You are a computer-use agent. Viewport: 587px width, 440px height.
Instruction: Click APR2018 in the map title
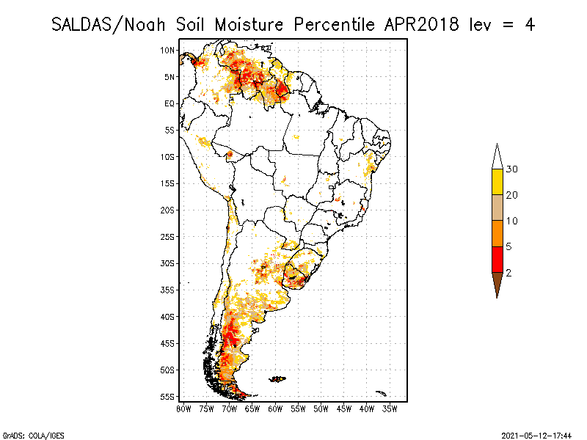[x=420, y=24]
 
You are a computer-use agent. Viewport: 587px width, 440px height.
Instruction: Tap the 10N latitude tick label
[x=168, y=50]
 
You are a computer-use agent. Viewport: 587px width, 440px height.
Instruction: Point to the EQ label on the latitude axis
[x=169, y=103]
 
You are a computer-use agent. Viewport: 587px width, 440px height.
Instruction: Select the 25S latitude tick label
[x=168, y=237]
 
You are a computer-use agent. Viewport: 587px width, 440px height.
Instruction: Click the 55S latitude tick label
[x=168, y=397]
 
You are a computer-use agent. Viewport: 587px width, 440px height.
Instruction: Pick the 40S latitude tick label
[x=168, y=317]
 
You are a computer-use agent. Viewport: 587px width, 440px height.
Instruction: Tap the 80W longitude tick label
[x=183, y=408]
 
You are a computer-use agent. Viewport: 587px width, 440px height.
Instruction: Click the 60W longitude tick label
[x=275, y=408]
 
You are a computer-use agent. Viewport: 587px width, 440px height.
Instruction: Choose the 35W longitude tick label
[x=390, y=408]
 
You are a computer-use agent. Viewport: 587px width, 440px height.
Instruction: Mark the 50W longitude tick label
[x=321, y=408]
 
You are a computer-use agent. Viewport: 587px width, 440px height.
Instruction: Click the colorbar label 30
[x=512, y=169]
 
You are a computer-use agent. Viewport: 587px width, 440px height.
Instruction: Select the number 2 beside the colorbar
[x=508, y=273]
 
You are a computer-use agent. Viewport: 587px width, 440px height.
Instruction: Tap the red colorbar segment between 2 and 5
[x=497, y=260]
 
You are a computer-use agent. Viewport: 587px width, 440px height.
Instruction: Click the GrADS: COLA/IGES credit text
[x=23, y=434]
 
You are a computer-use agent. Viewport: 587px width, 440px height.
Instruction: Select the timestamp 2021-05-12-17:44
[x=536, y=434]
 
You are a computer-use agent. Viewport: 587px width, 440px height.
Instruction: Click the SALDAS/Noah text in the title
[x=110, y=24]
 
